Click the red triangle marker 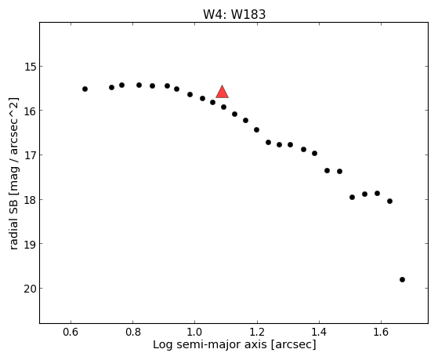coord(222,93)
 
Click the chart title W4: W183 coord(234,14)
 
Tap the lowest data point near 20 coord(402,279)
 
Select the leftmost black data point coord(85,89)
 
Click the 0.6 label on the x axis coord(71,332)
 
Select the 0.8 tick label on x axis coord(133,332)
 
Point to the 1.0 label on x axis coord(195,332)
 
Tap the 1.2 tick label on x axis coord(257,332)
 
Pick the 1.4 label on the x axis coord(319,332)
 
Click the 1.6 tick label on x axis coord(381,332)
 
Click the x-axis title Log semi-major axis coord(210,345)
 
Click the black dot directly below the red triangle coord(223,107)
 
